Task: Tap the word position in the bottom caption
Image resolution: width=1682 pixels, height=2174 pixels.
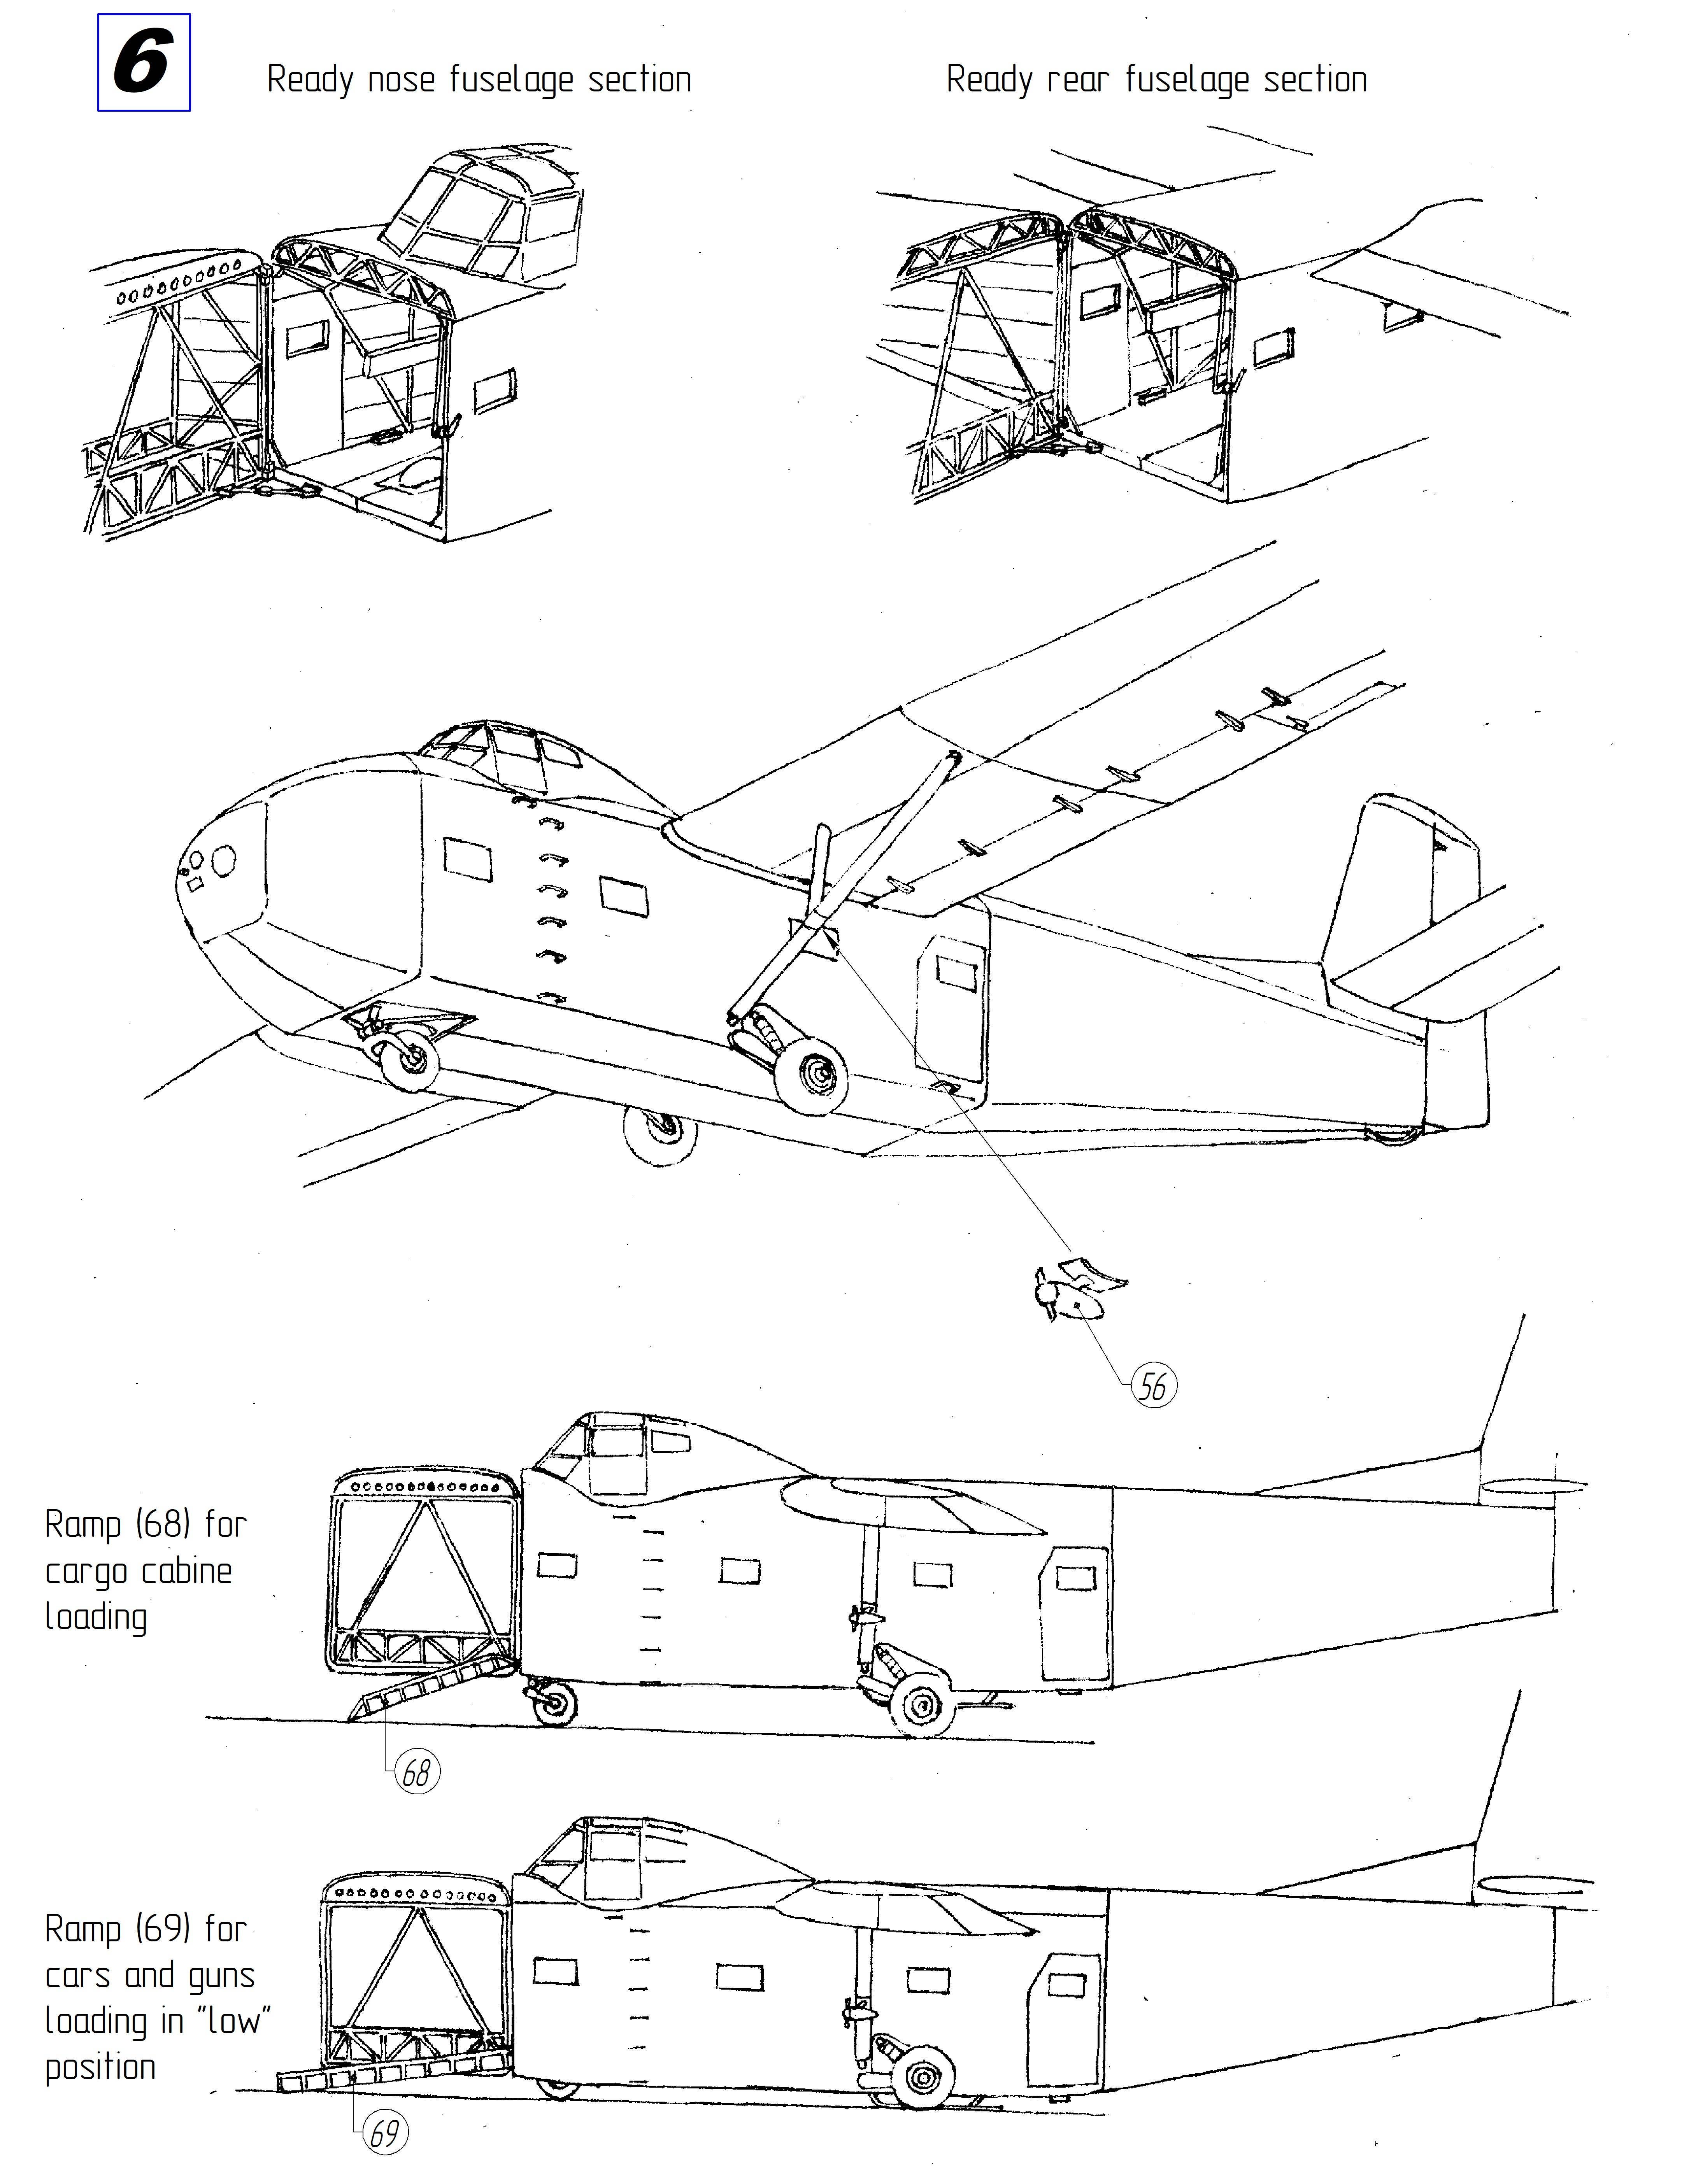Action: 100,2067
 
